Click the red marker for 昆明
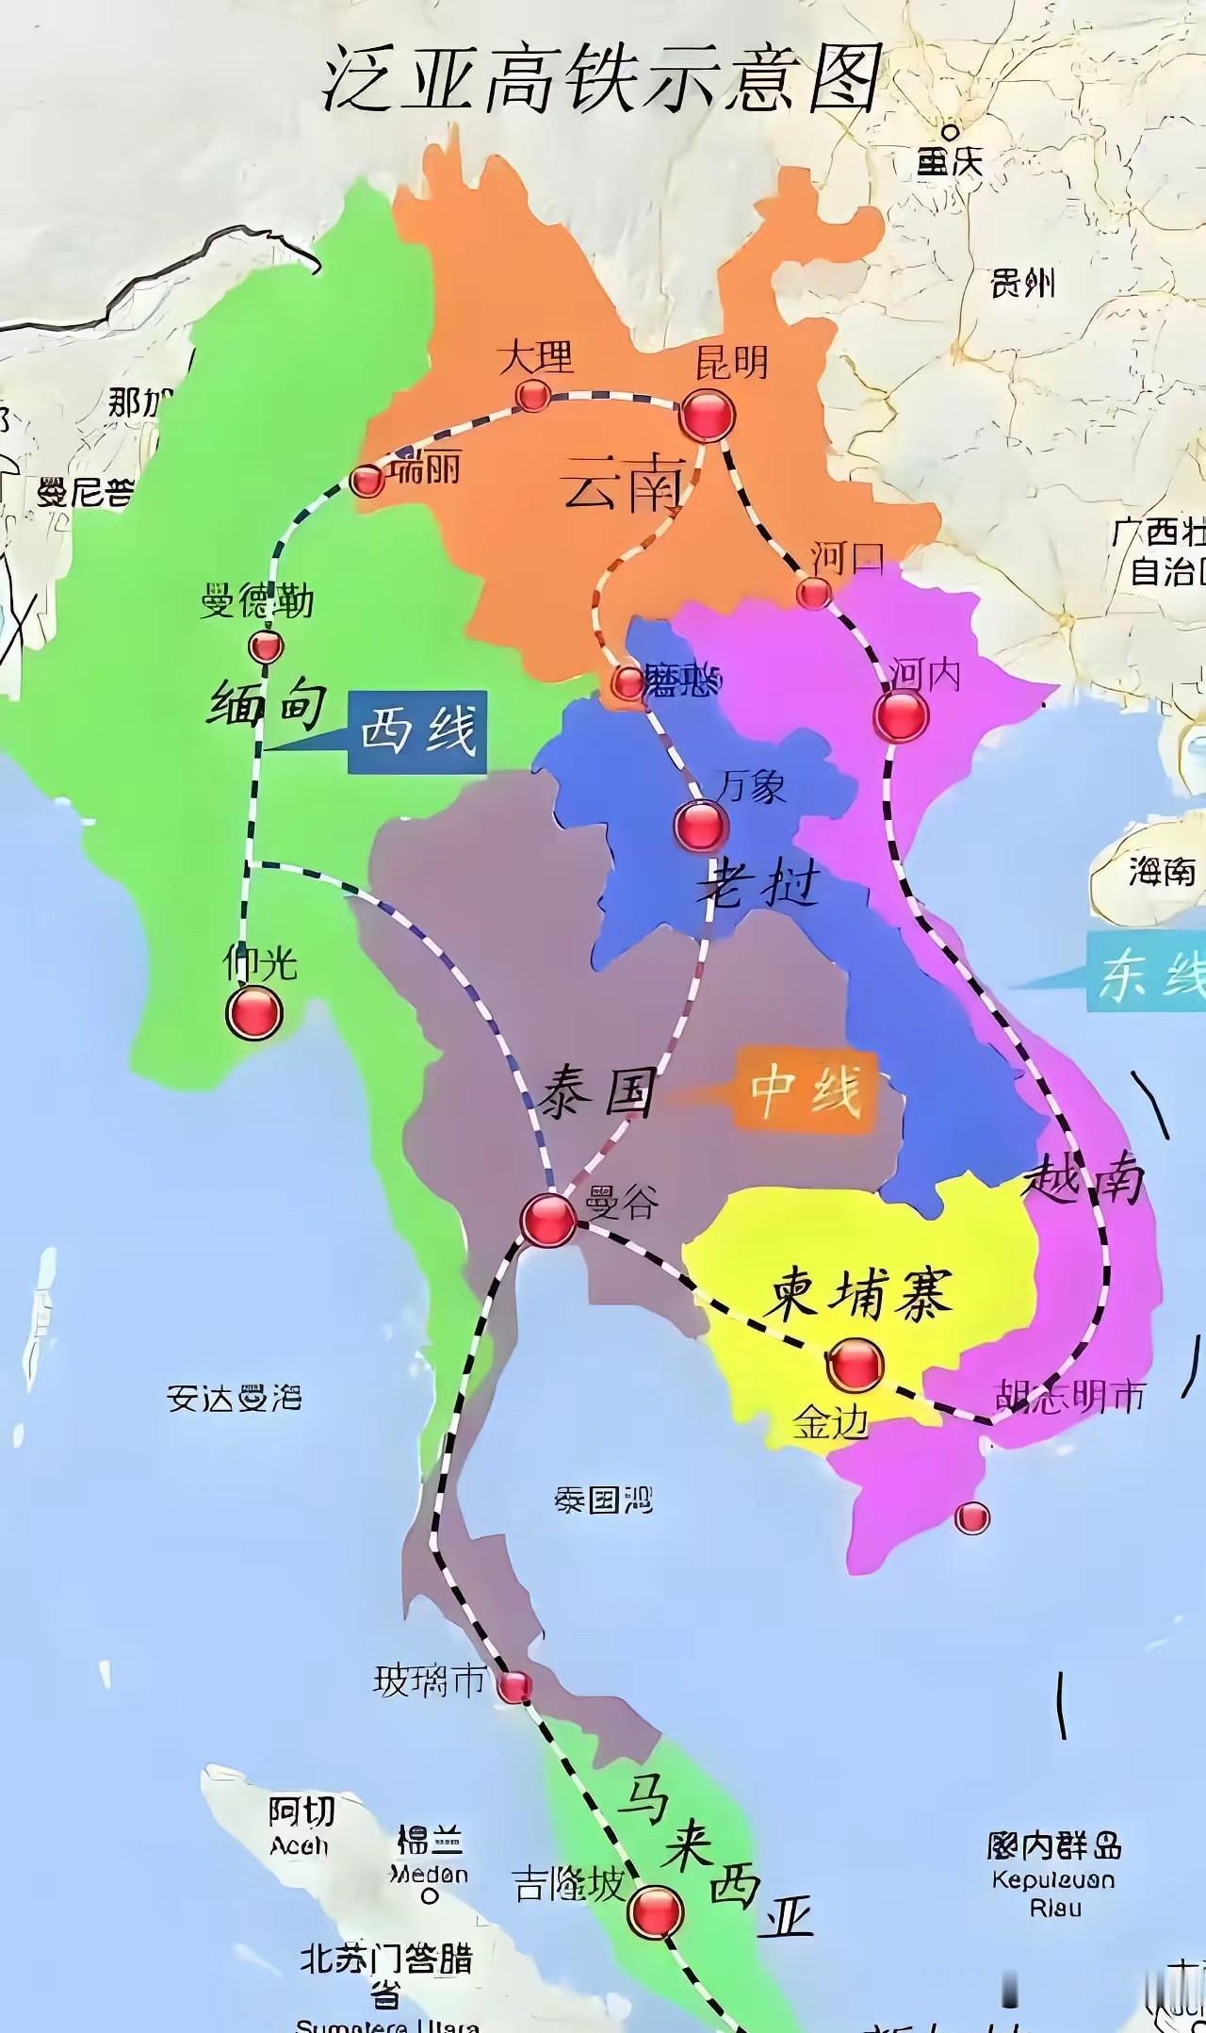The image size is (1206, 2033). click(x=708, y=415)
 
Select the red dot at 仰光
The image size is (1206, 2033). click(x=254, y=1013)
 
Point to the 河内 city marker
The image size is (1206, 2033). click(x=901, y=716)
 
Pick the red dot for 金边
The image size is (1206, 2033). click(x=856, y=1364)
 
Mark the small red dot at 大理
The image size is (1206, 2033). click(x=533, y=395)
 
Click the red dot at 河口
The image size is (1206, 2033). click(x=814, y=593)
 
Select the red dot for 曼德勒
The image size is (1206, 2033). click(x=266, y=647)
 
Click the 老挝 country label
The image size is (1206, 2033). click(x=758, y=886)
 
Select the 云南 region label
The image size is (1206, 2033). click(x=621, y=488)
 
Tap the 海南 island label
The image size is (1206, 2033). click(x=1162, y=872)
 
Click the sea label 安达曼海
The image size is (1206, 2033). click(x=234, y=1397)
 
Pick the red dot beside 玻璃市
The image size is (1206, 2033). click(x=514, y=1686)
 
